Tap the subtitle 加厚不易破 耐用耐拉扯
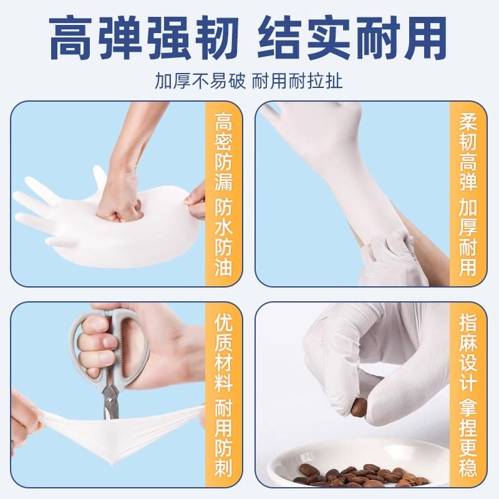click(249, 81)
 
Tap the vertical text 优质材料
click(223, 349)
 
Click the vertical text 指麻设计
click(468, 349)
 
